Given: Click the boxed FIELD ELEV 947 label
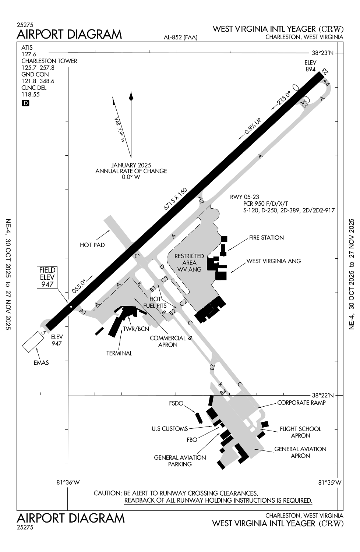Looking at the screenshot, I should (47, 277).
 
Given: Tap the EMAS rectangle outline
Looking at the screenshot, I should (33, 342).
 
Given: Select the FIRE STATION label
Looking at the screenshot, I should (266, 238).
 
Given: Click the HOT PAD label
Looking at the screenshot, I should (92, 245).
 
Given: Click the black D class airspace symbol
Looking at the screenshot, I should (25, 103).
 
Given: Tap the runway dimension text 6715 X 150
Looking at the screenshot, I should (176, 199).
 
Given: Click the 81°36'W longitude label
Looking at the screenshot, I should (68, 482).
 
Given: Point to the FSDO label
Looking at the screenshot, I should (176, 403).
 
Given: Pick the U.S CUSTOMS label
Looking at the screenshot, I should (169, 429).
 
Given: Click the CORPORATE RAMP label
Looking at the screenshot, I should (301, 403).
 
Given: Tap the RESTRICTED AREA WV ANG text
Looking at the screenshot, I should (189, 262).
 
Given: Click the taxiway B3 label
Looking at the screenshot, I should (212, 367).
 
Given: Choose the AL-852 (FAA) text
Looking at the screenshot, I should (180, 37).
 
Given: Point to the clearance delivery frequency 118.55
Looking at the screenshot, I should (31, 94).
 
